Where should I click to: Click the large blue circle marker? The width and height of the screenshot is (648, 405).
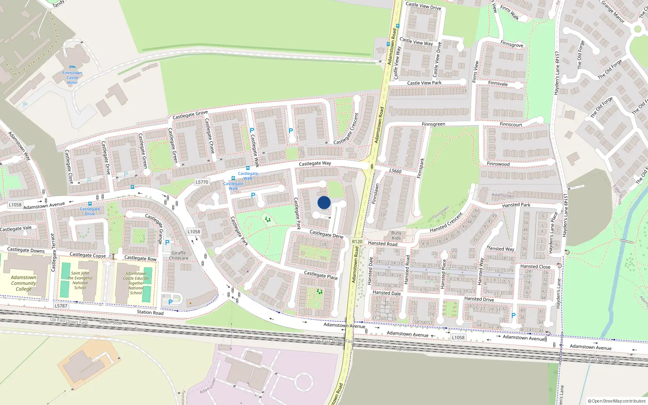pos(324,202)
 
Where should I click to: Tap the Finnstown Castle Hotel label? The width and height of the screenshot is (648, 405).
pos(72,77)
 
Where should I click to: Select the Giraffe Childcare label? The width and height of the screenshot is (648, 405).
pos(179,256)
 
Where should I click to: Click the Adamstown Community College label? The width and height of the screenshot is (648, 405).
pos(23,283)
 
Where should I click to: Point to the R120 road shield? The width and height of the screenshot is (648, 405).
pos(357,241)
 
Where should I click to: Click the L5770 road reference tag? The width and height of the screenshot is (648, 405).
pos(202,182)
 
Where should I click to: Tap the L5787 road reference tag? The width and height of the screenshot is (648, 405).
pos(61,306)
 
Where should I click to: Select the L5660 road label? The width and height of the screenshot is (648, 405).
pos(395,171)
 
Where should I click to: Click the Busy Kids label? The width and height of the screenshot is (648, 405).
pos(396,235)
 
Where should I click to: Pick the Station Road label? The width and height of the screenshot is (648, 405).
pos(150,312)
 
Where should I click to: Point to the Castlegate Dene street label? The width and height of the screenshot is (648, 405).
pos(326,234)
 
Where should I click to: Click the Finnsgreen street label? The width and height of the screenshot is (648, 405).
pos(433,124)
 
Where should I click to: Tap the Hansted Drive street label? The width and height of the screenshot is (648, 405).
pos(479,299)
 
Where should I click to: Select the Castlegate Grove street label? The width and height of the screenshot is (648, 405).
pos(190,115)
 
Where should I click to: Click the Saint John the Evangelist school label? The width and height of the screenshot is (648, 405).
pos(80,280)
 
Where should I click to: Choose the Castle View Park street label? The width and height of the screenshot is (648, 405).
pos(424,83)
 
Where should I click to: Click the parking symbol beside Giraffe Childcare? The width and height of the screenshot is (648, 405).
pos(167,243)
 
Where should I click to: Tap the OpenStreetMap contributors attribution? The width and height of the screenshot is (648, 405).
pos(617,401)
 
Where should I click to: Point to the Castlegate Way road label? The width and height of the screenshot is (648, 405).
pos(315,164)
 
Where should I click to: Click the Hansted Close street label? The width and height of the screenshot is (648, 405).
pos(535,266)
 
